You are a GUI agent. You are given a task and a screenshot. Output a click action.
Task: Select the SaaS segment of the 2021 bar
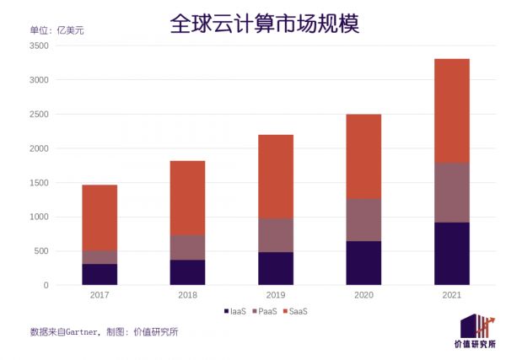coord(451,110)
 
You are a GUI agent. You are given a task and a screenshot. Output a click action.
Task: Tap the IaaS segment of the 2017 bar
coord(100,274)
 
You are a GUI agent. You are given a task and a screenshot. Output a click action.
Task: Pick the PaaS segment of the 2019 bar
coord(276,235)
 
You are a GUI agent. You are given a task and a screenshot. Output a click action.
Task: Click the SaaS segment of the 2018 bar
coord(187,198)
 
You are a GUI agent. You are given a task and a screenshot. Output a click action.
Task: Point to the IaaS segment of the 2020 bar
coord(363,263)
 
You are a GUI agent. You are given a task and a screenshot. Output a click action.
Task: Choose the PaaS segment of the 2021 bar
coord(451,192)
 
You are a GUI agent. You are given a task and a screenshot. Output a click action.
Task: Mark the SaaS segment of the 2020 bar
coord(363,156)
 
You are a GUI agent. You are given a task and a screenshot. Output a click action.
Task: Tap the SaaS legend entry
coord(296,312)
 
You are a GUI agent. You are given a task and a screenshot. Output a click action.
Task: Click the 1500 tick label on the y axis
coord(39,183)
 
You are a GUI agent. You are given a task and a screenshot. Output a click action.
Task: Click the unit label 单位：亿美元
coord(57,30)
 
